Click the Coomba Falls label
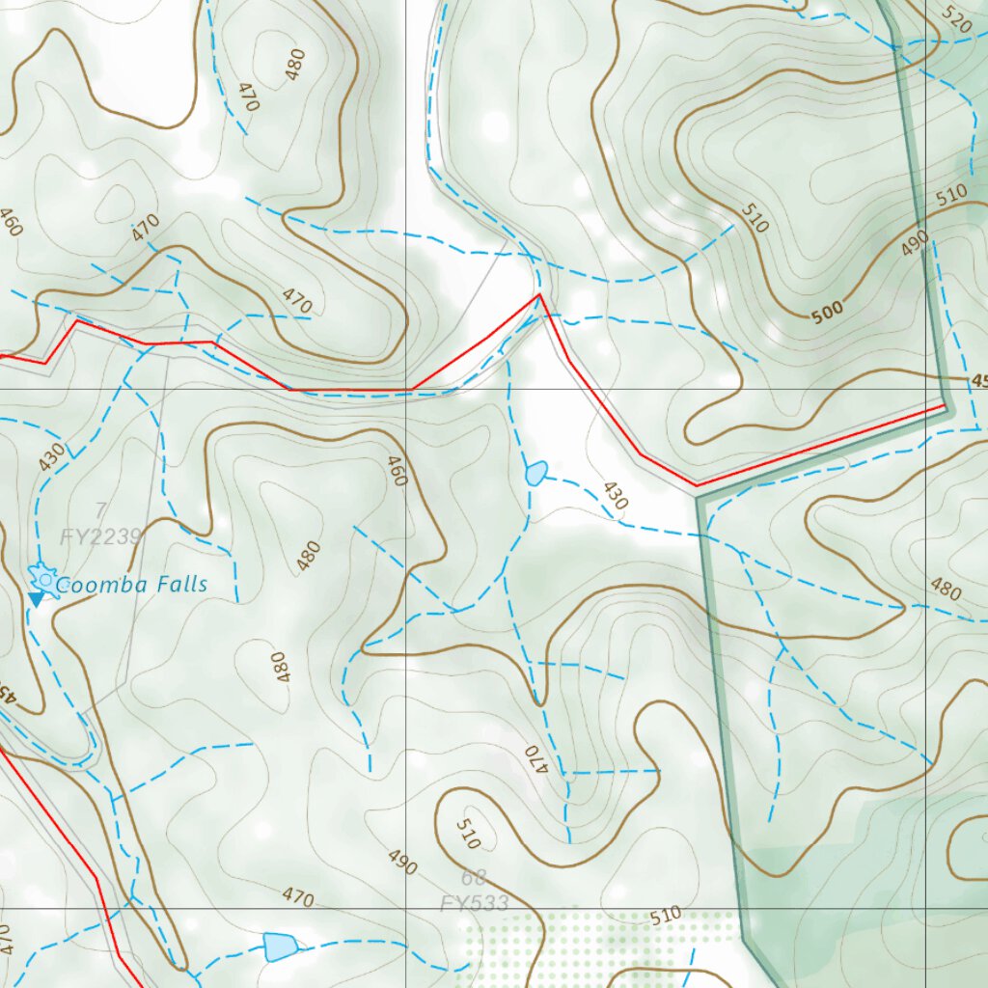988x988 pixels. point(131,585)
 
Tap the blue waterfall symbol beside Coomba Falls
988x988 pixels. point(43,579)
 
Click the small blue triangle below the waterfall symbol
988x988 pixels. point(36,600)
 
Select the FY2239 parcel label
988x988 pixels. point(101,537)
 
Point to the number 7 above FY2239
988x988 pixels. point(100,509)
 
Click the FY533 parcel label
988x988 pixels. point(475,904)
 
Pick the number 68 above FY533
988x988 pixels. point(474,877)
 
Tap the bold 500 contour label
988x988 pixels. point(827,310)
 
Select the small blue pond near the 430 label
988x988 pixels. point(536,473)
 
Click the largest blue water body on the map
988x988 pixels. point(279,947)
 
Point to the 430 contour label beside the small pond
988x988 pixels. point(615,495)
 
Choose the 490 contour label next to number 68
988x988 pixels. point(402,863)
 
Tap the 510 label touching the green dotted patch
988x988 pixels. point(666,914)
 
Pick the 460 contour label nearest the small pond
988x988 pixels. point(397,470)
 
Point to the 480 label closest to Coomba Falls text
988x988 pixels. point(309,557)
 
